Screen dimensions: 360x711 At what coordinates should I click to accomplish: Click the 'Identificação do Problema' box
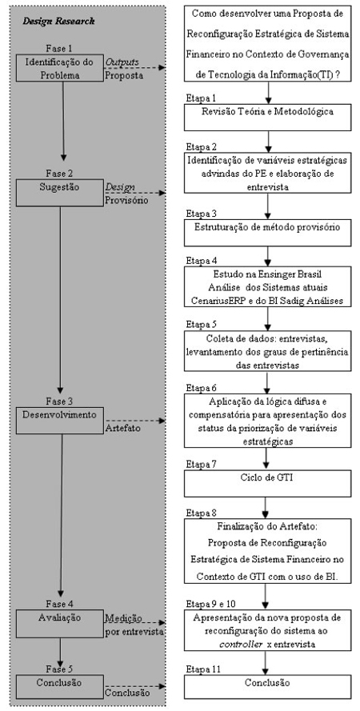(x=60, y=68)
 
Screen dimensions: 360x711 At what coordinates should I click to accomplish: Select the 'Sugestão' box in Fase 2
(x=60, y=193)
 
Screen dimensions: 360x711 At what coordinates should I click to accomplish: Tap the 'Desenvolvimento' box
(x=60, y=421)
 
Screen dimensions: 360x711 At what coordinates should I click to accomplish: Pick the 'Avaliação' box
(x=60, y=623)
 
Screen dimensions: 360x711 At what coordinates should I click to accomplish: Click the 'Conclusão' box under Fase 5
(x=60, y=684)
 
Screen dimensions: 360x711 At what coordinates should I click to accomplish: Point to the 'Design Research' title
(x=59, y=21)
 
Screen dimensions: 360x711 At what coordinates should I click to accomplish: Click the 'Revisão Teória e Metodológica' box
(x=268, y=118)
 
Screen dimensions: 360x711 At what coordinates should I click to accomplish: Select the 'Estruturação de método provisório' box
(x=268, y=233)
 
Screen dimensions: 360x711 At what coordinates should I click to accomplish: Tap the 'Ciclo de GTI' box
(x=268, y=483)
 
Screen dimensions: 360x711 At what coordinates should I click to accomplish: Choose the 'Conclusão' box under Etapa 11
(x=268, y=686)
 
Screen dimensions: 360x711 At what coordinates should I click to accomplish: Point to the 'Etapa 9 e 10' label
(x=210, y=604)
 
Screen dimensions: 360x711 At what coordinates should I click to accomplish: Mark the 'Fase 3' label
(x=59, y=401)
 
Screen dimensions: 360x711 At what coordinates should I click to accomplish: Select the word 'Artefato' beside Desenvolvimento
(x=120, y=428)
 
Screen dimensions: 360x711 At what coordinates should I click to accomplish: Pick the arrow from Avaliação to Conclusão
(x=59, y=652)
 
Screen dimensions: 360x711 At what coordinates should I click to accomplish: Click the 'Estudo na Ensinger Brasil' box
(x=268, y=286)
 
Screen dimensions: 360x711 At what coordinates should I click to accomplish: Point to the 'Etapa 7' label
(x=201, y=465)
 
